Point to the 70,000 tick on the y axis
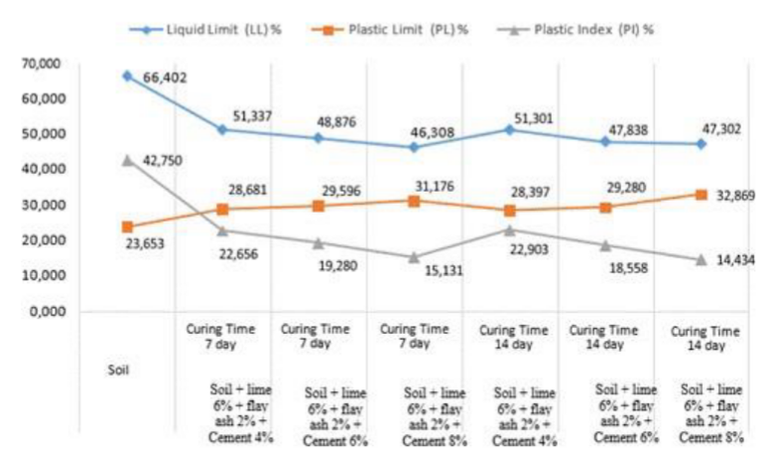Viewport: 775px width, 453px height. tap(43, 64)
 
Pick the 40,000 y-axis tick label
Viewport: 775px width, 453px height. tap(43, 170)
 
